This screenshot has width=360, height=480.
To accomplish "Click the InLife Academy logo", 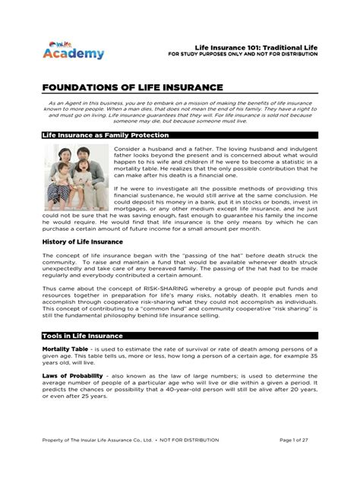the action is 72,50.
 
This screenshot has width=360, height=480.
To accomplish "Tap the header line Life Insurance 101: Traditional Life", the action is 257,47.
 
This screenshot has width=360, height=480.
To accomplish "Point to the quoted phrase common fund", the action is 232,311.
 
